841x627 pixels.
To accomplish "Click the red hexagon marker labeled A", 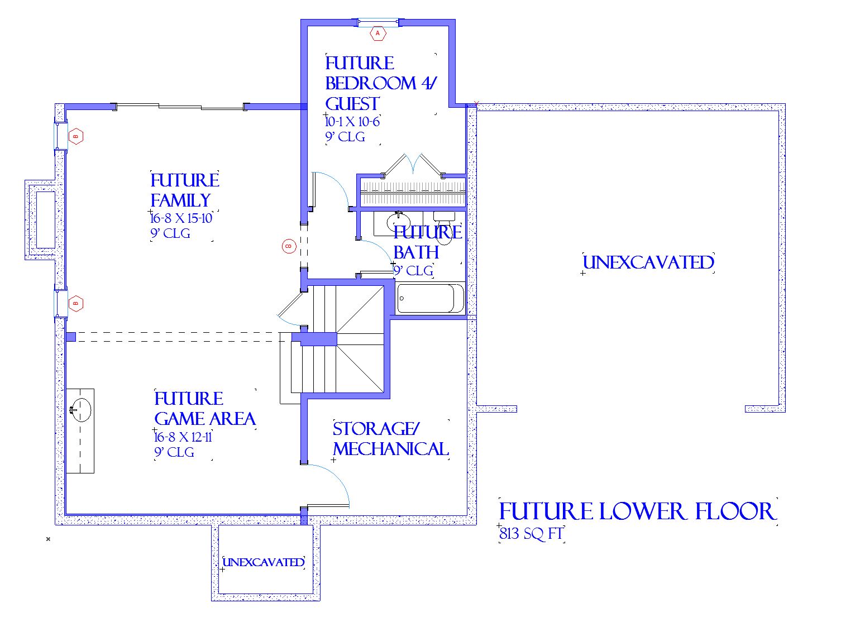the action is tap(378, 33).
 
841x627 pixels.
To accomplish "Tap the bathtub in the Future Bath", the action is tap(430, 299).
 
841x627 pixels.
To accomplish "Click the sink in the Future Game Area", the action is tap(80, 410).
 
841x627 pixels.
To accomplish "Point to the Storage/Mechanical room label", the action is tap(390, 438).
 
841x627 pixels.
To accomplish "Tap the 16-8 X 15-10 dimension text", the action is tap(181, 218).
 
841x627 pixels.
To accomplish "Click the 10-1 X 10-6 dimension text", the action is tap(352, 122).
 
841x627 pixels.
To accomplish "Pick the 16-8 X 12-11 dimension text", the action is tap(183, 437).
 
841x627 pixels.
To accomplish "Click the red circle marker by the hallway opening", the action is tap(289, 246).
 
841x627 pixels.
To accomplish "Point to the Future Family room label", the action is tap(185, 190).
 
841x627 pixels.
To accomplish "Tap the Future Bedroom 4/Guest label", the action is tap(381, 83).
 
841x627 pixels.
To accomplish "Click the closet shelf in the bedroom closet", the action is tap(413, 192).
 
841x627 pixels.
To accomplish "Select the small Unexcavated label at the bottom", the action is tap(264, 562).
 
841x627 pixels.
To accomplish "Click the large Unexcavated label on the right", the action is tap(648, 262).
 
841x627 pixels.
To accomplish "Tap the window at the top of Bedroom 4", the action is tap(378, 23).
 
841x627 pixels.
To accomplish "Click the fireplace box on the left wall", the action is tap(45, 220).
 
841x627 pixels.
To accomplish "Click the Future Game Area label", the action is tap(205, 409).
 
